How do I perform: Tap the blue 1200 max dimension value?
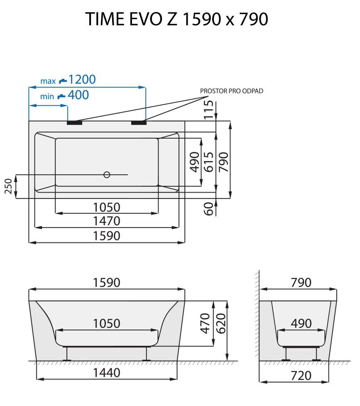(82, 79)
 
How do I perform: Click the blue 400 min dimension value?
(78, 95)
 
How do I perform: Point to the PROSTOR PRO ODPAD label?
(231, 91)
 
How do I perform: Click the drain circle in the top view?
(107, 175)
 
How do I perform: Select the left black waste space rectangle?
(75, 123)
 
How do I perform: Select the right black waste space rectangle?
(139, 123)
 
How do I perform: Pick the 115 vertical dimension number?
(209, 110)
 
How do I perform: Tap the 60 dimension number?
(209, 208)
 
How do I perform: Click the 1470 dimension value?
(107, 221)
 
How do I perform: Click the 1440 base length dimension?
(107, 373)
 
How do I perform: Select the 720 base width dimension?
(301, 376)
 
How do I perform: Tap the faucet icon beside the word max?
(62, 80)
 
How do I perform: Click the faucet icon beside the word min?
(61, 96)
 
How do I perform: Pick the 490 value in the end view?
(301, 323)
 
